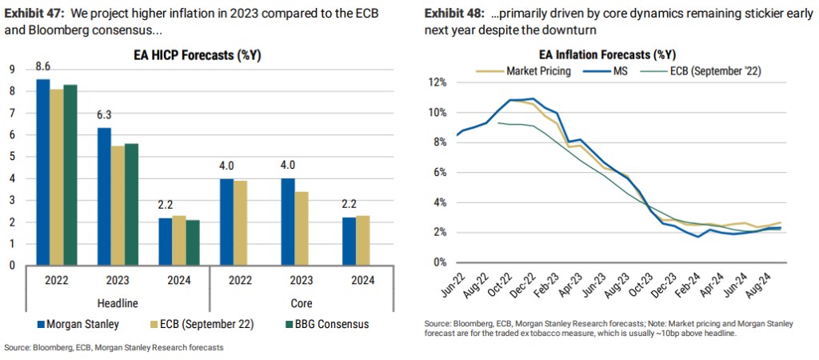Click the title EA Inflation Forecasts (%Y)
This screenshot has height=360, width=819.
coord(601,55)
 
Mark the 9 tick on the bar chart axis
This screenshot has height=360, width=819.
coord(12,70)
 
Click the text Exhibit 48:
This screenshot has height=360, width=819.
coord(453,14)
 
